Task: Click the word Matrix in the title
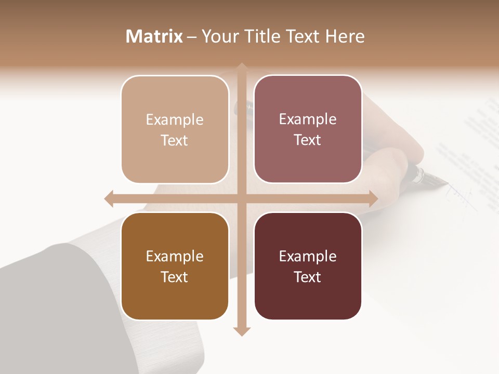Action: click(154, 36)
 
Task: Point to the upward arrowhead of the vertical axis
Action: click(242, 68)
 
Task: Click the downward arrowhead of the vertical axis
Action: click(242, 331)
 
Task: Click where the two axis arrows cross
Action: click(242, 199)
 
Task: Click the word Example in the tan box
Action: click(175, 120)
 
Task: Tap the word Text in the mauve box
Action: click(308, 140)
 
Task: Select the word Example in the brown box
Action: click(175, 257)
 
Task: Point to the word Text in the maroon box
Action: click(308, 277)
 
